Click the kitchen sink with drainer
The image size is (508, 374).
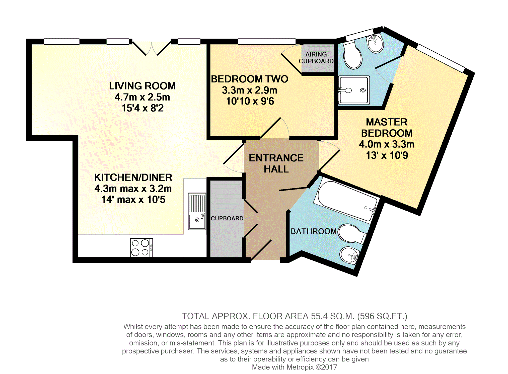[x=197, y=211]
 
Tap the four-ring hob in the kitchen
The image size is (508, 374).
[x=141, y=247]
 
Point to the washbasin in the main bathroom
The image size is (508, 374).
[x=349, y=255]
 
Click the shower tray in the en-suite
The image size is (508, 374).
[x=354, y=90]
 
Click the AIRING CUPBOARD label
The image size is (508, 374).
[x=316, y=58]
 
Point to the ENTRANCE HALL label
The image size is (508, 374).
[x=276, y=163]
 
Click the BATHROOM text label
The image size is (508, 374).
[x=314, y=231]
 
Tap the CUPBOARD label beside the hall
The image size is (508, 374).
[x=227, y=218]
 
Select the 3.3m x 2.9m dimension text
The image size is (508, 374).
[x=250, y=90]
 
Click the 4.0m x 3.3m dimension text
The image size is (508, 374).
[x=387, y=144]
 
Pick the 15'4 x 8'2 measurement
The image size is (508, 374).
[x=142, y=108]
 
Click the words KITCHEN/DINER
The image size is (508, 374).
[x=133, y=177]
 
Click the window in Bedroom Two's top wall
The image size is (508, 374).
[x=267, y=42]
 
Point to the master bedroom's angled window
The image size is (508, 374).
[x=441, y=58]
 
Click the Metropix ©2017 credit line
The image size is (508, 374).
[x=295, y=367]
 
